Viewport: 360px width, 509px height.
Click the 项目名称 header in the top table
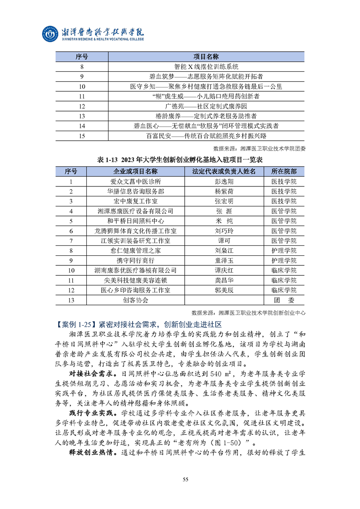(x=206, y=57)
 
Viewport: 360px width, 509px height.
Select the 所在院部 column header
(x=284, y=171)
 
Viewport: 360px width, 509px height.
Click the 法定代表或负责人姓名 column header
(x=224, y=171)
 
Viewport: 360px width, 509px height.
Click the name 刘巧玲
(x=224, y=231)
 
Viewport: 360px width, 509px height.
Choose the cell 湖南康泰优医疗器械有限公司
(x=136, y=270)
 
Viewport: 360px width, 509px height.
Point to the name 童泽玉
(x=224, y=260)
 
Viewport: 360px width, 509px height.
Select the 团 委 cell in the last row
(x=284, y=300)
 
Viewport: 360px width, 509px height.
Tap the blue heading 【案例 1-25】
(x=74, y=324)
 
